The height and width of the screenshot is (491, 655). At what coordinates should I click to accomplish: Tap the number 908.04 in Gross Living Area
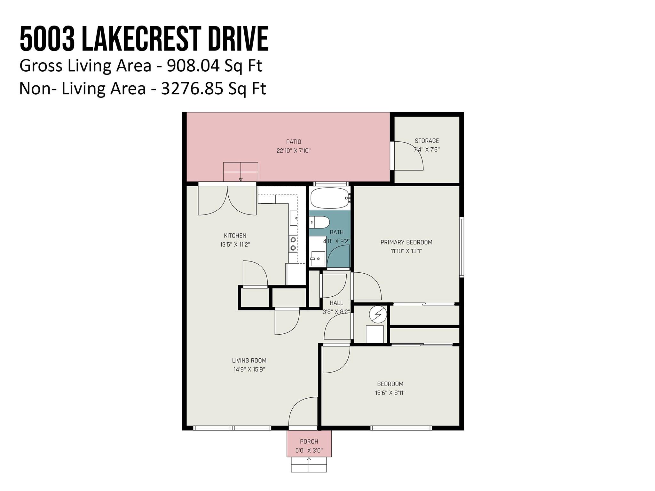click(x=193, y=66)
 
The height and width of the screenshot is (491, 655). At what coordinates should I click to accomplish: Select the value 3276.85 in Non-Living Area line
click(x=192, y=89)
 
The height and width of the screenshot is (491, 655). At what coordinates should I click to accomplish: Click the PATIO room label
click(x=293, y=142)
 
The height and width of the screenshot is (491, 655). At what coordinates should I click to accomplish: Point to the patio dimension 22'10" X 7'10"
click(x=293, y=151)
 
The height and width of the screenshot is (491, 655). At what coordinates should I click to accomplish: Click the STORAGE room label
click(x=427, y=141)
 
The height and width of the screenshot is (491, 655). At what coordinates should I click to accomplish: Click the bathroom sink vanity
click(x=318, y=258)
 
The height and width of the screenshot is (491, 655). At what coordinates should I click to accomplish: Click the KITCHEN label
click(x=235, y=236)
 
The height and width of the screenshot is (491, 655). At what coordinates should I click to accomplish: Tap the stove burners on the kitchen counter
click(x=293, y=244)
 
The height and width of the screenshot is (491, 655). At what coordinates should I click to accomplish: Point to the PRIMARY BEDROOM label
click(x=406, y=242)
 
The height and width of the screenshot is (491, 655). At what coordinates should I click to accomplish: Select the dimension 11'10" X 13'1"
click(x=406, y=251)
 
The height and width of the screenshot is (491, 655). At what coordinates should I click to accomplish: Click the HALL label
click(x=336, y=303)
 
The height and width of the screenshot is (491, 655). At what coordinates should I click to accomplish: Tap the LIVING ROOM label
click(x=249, y=361)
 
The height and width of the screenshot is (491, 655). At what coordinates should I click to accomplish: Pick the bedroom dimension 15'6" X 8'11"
click(x=390, y=393)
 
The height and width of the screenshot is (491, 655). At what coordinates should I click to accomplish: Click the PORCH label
click(x=309, y=441)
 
